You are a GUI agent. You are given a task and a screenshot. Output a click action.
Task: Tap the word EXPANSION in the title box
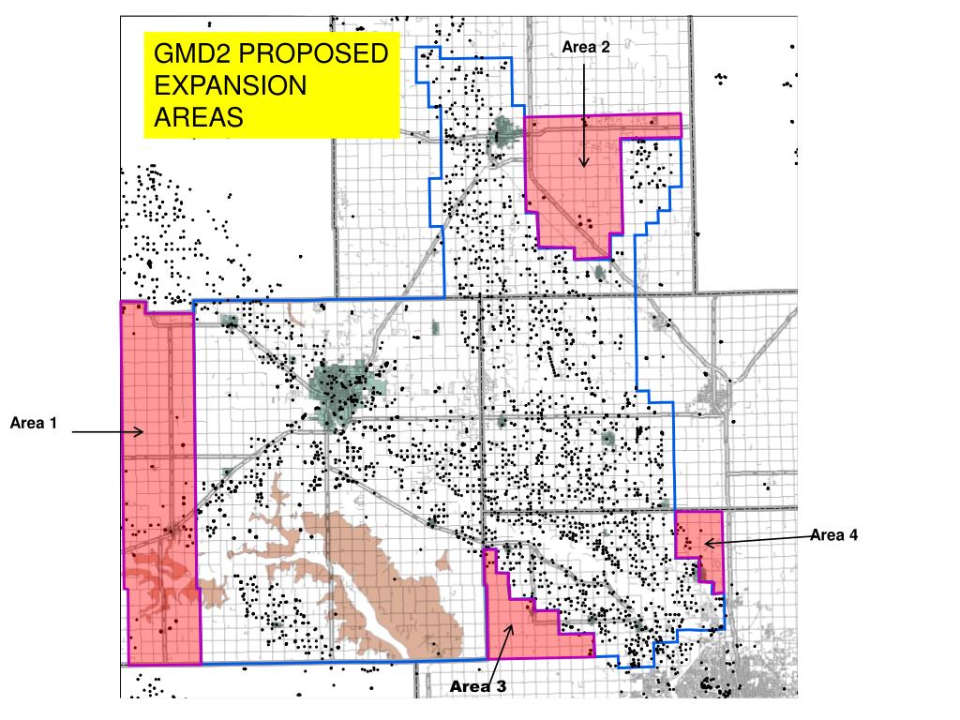pyautogui.click(x=230, y=85)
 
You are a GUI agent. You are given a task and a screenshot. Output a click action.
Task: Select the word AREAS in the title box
pyautogui.click(x=198, y=117)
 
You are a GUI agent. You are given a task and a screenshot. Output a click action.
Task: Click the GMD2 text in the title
pyautogui.click(x=187, y=54)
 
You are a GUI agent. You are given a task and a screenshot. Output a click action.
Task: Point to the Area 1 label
pyautogui.click(x=34, y=424)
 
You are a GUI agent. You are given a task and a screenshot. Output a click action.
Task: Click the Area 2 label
pyautogui.click(x=586, y=47)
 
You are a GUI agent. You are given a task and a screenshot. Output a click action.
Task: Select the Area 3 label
pyautogui.click(x=477, y=686)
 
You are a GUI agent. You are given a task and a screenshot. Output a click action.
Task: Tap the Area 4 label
pyautogui.click(x=833, y=535)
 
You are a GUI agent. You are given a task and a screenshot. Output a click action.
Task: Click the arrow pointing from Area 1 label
pyautogui.click(x=107, y=432)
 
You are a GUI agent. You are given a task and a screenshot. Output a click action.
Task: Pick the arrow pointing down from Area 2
pyautogui.click(x=583, y=112)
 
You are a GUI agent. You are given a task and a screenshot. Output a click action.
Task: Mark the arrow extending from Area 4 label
pyautogui.click(x=757, y=539)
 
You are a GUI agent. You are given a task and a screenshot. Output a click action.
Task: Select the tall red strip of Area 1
pyautogui.click(x=159, y=487)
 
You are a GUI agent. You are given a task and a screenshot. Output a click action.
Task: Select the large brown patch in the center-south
pyautogui.click(x=375, y=572)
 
